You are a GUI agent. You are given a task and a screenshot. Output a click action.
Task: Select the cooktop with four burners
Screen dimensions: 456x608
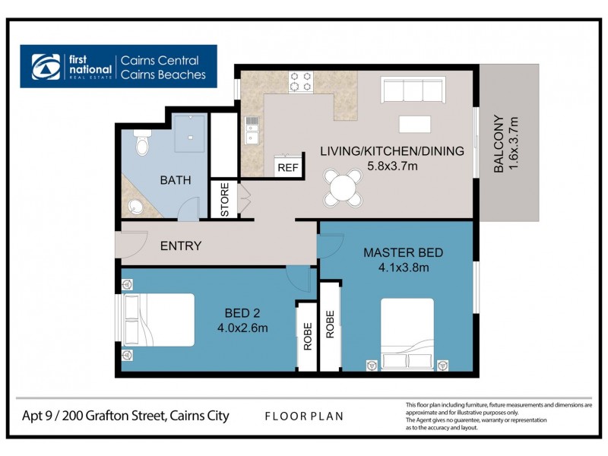point(299,80)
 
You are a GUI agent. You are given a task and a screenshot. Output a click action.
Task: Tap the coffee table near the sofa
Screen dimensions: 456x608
point(414,124)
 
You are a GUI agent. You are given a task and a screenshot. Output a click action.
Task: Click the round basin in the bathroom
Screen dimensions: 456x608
point(135,206)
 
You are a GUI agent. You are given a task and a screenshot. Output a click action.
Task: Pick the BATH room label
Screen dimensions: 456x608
point(175,180)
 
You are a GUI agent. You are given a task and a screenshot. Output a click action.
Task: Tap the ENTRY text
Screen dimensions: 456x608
point(181,245)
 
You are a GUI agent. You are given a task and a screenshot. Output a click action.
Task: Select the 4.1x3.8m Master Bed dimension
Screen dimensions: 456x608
point(403,268)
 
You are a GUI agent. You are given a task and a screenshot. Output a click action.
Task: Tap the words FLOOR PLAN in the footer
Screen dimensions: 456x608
point(303,416)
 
